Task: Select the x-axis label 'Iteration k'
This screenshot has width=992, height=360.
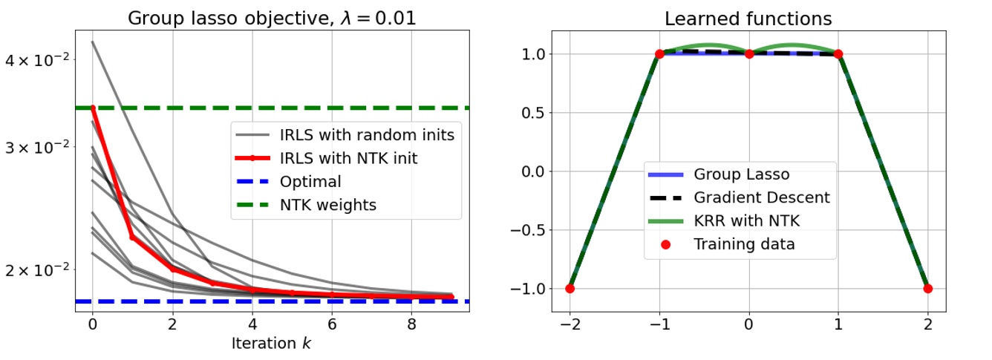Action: (x=272, y=344)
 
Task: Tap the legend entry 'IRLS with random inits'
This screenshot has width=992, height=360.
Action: (x=367, y=135)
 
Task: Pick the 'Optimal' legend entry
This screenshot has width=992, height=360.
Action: (x=310, y=181)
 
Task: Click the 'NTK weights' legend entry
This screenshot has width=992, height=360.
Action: (x=327, y=204)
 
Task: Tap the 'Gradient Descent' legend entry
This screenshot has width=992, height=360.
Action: (x=761, y=197)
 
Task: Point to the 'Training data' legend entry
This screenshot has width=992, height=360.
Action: (x=744, y=243)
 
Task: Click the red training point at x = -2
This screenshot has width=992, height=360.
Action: (x=570, y=288)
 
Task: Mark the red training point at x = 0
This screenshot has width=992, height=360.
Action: (x=749, y=54)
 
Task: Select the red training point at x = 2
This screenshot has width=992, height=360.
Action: (x=928, y=288)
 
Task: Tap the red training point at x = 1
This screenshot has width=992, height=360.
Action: (x=838, y=54)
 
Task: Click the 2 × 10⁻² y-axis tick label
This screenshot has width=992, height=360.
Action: (x=39, y=269)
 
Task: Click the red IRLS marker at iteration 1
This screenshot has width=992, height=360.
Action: (x=132, y=237)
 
